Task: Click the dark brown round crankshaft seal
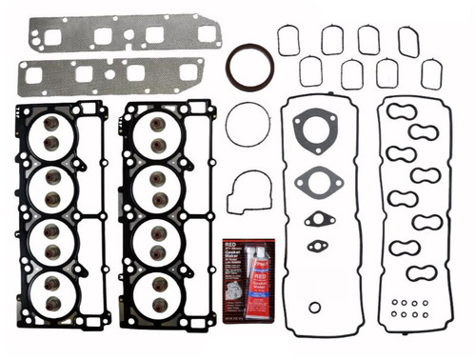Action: tap(249, 66)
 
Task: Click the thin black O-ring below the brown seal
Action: tap(247, 125)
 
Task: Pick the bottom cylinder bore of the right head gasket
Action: tap(157, 292)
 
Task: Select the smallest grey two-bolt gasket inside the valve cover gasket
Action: tap(316, 246)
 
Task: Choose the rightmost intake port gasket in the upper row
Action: tap(408, 40)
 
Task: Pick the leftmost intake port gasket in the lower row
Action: tap(310, 71)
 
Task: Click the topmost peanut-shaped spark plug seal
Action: tap(403, 110)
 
